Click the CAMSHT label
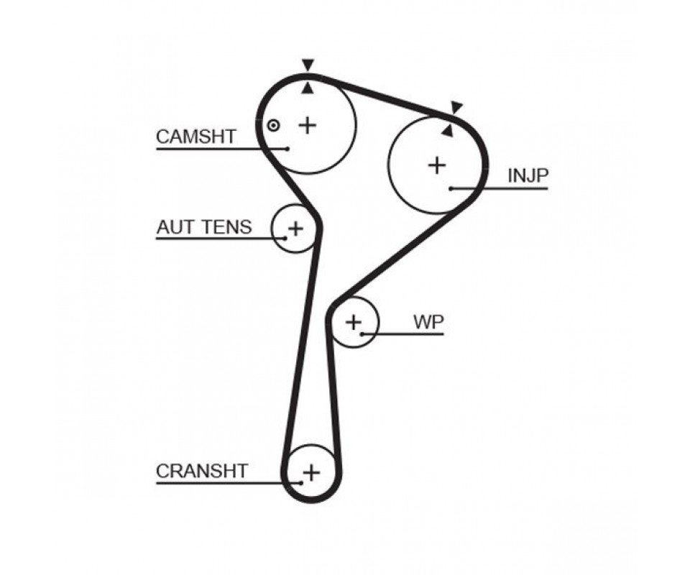coord(196,137)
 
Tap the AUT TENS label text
coord(204,227)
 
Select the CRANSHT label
coord(202,471)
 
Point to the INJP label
coord(528,175)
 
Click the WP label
coord(428,322)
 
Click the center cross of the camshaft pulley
coord(308,125)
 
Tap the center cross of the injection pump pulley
coord(437,165)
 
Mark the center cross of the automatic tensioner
coord(295,229)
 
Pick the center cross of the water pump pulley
coord(354,323)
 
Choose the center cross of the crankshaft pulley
coord(311,472)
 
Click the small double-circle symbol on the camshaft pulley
coord(273,125)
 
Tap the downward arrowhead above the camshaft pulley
coord(308,65)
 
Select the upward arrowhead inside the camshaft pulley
coord(308,88)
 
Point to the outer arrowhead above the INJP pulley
coord(457,107)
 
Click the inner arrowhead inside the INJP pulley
coord(448,130)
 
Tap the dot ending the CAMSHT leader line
coord(287,149)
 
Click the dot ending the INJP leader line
coord(451,189)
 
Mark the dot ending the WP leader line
coord(362,334)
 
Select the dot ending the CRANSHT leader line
coord(301,483)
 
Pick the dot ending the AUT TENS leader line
coord(285,239)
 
